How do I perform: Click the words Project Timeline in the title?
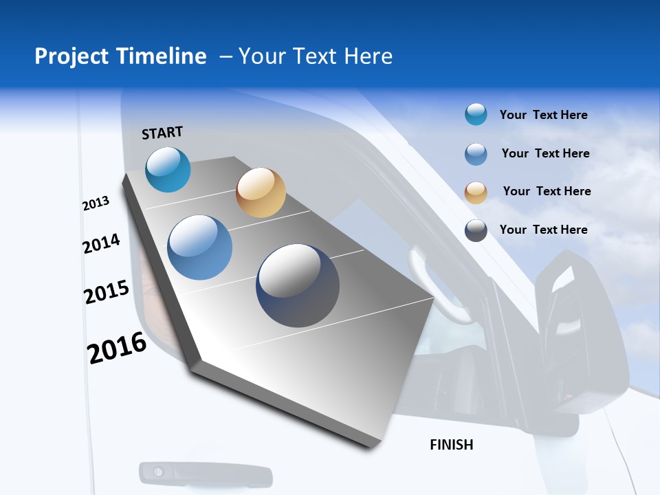click(x=120, y=56)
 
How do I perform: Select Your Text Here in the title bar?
click(x=315, y=56)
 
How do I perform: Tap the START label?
click(x=162, y=133)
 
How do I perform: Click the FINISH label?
click(x=452, y=445)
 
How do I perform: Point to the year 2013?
click(x=96, y=203)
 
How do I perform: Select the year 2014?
click(x=101, y=244)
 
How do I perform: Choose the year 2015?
click(x=106, y=292)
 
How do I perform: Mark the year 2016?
click(x=117, y=348)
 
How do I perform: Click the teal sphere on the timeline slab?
click(x=168, y=169)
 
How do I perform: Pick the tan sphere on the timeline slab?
click(x=261, y=192)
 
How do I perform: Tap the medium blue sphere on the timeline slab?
click(x=200, y=247)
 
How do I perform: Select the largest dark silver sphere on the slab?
click(x=298, y=285)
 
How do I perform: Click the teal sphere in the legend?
click(x=476, y=114)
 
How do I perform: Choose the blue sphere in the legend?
click(x=476, y=154)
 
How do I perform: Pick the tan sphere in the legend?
click(x=476, y=192)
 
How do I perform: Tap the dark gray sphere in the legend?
click(x=476, y=230)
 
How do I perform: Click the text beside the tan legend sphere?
click(x=547, y=191)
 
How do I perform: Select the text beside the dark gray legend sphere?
click(x=543, y=230)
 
